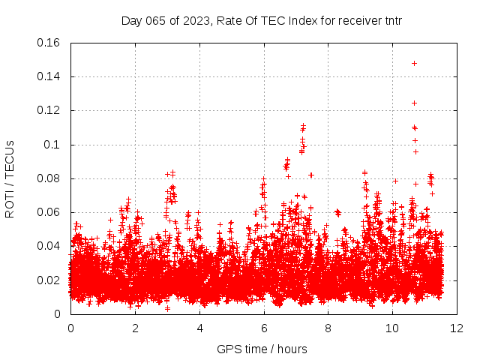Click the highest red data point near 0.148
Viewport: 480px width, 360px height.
pyautogui.click(x=414, y=63)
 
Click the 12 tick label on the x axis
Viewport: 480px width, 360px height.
pyautogui.click(x=457, y=328)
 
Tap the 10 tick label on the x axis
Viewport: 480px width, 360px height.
pyautogui.click(x=392, y=328)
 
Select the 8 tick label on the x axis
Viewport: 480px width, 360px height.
pyautogui.click(x=328, y=328)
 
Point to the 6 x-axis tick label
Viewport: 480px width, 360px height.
pyautogui.click(x=264, y=328)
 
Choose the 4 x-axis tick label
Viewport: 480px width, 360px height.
pyautogui.click(x=199, y=328)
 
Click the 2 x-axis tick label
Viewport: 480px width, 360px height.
pyautogui.click(x=135, y=328)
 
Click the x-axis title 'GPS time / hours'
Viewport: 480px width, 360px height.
pyautogui.click(x=262, y=349)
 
